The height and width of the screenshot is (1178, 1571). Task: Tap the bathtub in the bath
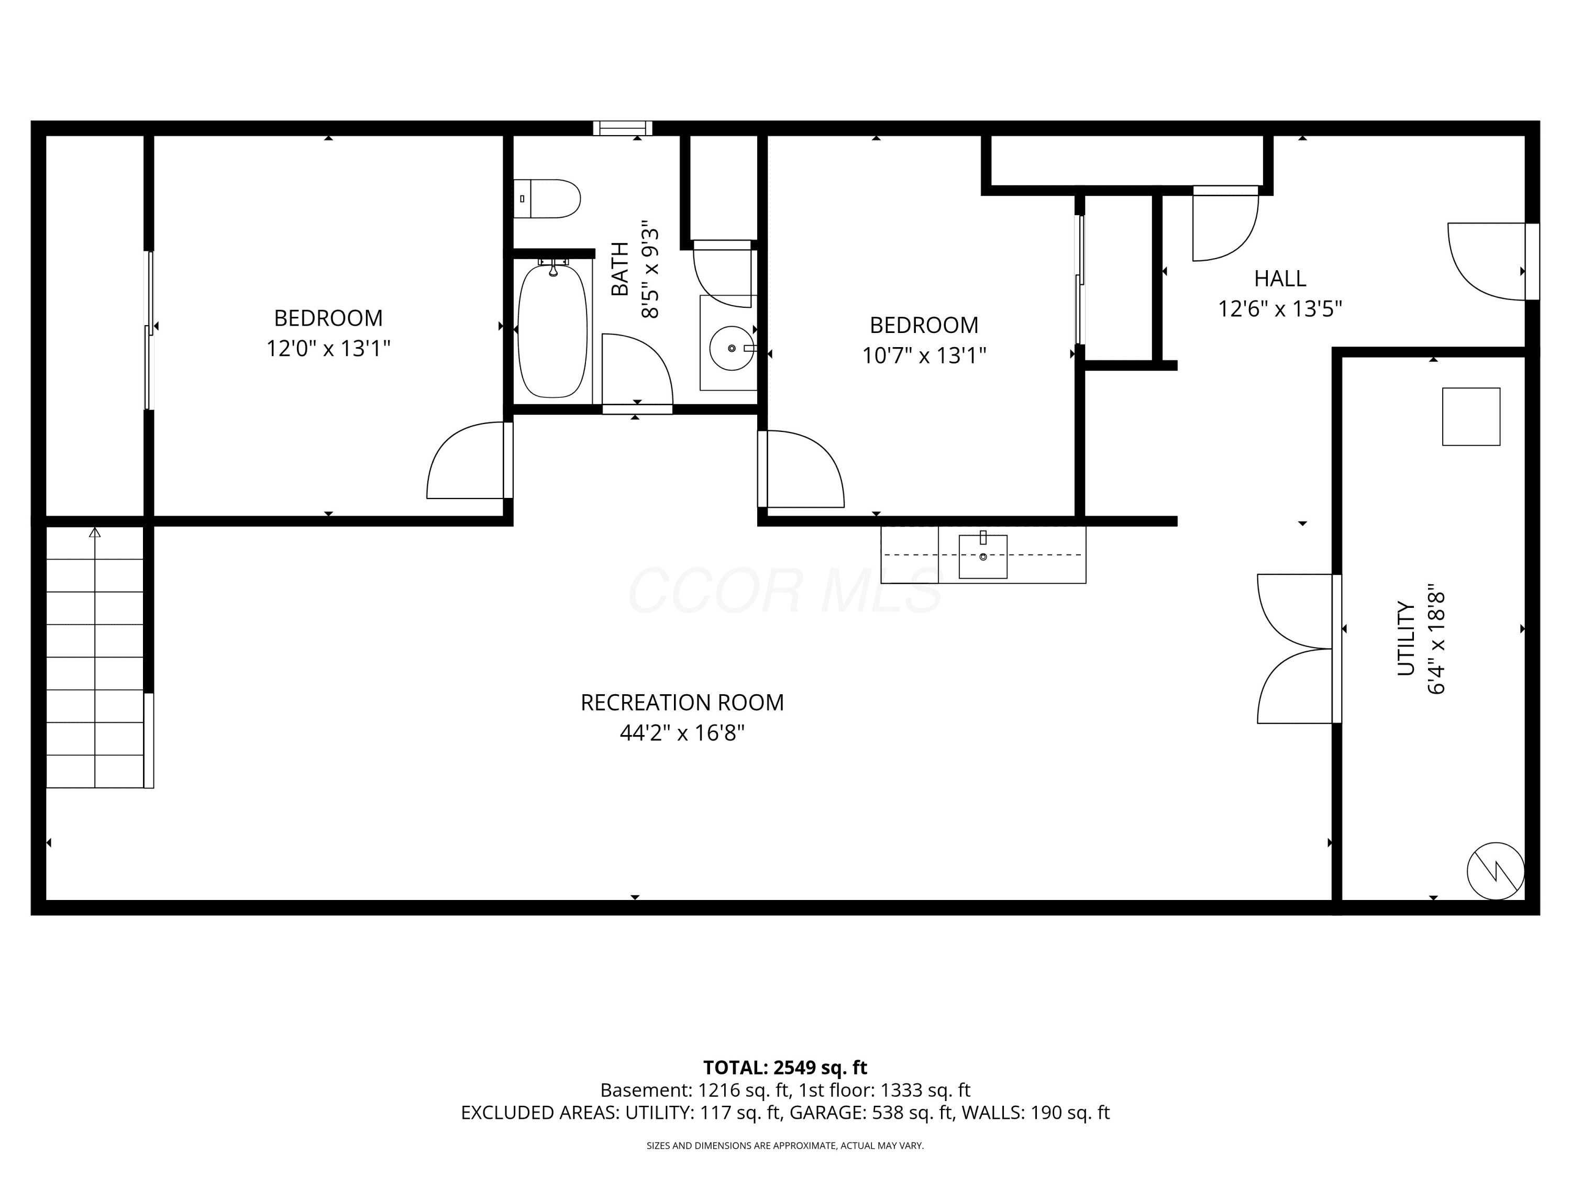coord(552,331)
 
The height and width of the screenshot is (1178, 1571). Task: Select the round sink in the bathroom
coord(732,348)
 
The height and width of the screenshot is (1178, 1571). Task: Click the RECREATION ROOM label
coord(682,702)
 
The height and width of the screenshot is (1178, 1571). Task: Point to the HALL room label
coord(1280,279)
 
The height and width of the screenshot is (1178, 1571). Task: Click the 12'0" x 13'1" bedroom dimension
coord(328,349)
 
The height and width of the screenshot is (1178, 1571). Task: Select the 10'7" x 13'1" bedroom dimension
coord(924,355)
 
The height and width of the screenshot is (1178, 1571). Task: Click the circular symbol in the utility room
coord(1496,871)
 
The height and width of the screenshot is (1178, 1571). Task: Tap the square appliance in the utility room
coord(1471,417)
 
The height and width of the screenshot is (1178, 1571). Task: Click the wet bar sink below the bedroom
coord(983,556)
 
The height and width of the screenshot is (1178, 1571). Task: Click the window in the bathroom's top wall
coord(623,128)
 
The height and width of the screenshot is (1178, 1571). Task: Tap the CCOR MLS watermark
coord(785,591)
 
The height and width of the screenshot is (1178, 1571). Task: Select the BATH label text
coord(619,269)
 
